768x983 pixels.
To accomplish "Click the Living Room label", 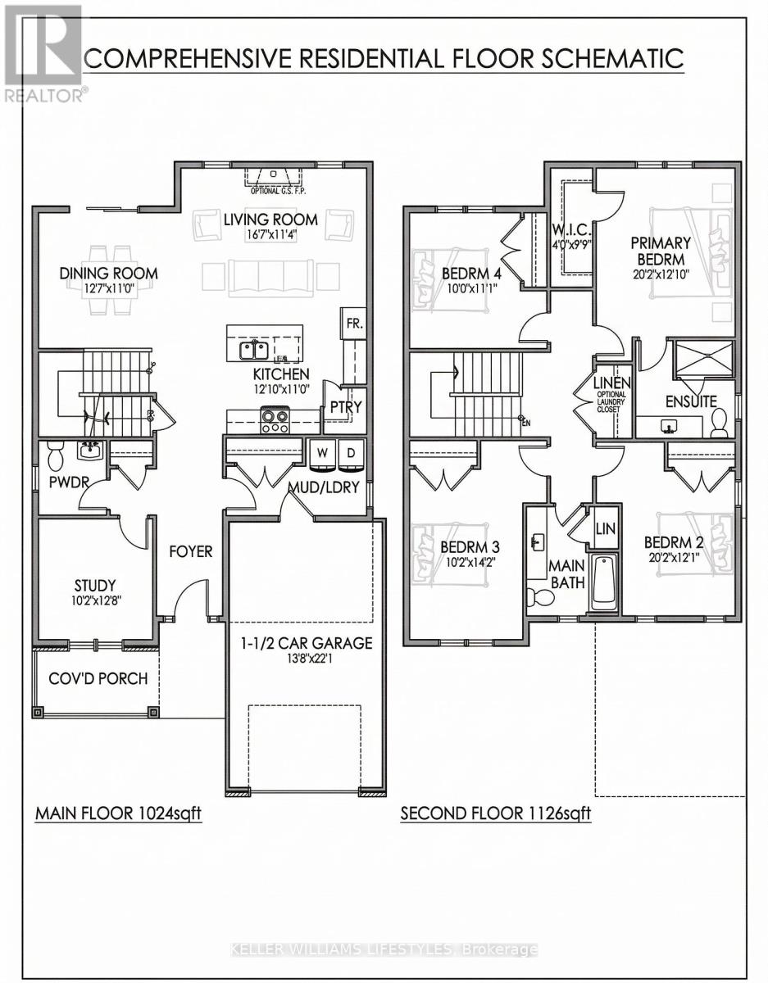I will pyautogui.click(x=270, y=220).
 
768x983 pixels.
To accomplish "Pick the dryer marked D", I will pyautogui.click(x=351, y=453).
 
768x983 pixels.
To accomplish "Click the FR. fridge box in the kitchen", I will pyautogui.click(x=354, y=324).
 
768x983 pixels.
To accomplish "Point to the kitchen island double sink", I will pyautogui.click(x=252, y=351).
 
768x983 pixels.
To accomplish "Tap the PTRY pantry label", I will pyautogui.click(x=346, y=406).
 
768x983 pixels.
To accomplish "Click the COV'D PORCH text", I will pyautogui.click(x=98, y=679).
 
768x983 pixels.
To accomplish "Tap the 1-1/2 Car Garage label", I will pyautogui.click(x=306, y=643).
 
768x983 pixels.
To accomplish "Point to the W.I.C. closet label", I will pyautogui.click(x=571, y=229).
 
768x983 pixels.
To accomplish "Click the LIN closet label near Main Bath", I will pyautogui.click(x=606, y=529).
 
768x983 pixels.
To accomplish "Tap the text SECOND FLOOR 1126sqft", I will pyautogui.click(x=495, y=814).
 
